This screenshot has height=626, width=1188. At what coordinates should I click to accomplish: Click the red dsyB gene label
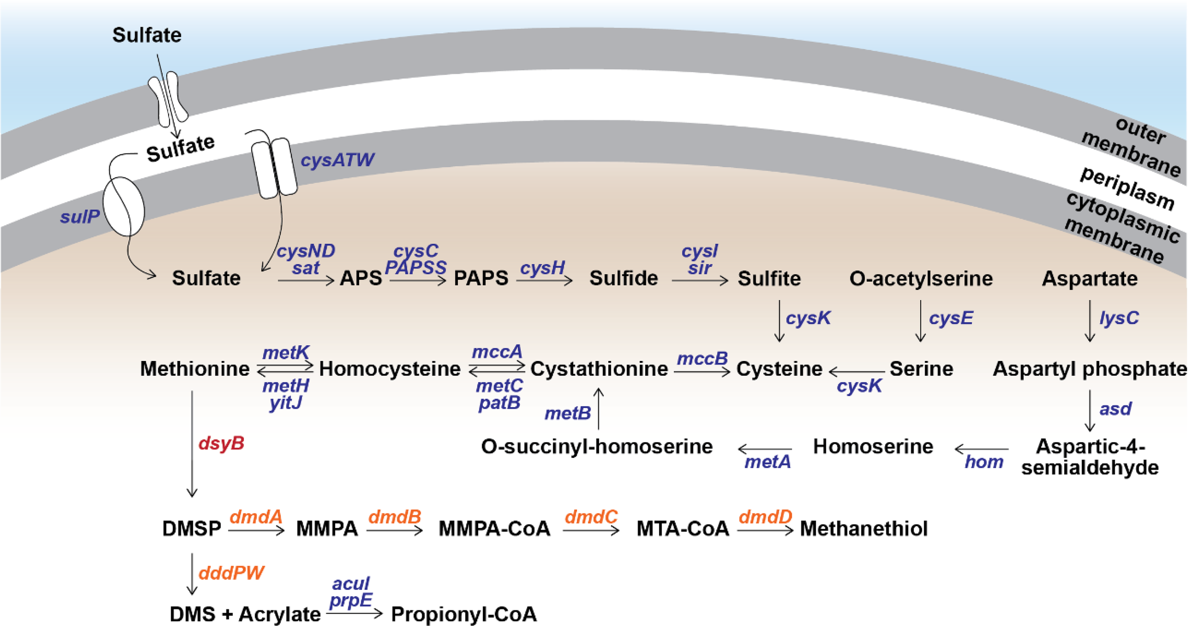coord(221,443)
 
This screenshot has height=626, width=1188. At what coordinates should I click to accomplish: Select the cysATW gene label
coord(337,160)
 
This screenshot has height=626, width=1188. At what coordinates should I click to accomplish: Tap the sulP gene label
coord(79,217)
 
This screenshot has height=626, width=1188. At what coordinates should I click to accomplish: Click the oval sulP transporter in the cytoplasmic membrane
coord(124,207)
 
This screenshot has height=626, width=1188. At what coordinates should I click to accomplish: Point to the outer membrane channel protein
coord(168,99)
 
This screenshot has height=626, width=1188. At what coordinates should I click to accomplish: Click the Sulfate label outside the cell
coord(146,35)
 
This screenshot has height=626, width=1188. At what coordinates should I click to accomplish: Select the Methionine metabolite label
coord(194,369)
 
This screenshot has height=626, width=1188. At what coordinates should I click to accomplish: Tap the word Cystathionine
coord(599,369)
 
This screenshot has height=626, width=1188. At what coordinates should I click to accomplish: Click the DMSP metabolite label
coord(192,528)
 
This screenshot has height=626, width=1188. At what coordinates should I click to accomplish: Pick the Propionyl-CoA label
coord(464,614)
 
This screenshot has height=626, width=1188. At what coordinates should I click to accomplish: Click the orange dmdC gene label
coord(591,517)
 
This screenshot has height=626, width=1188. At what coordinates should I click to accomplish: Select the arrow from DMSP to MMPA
coord(256,531)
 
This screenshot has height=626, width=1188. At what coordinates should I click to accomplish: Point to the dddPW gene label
coord(231,573)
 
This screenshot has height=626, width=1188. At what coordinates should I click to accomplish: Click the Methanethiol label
coord(863,528)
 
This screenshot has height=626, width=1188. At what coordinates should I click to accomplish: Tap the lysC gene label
coord(1119,318)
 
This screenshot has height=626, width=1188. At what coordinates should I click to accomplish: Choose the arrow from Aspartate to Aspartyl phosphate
coord(1090,321)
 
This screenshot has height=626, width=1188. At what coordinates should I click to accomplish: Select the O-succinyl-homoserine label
coord(596,446)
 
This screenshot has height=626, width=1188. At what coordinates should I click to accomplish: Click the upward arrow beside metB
coord(599,408)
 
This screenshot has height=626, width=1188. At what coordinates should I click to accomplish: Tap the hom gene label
coord(984,462)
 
